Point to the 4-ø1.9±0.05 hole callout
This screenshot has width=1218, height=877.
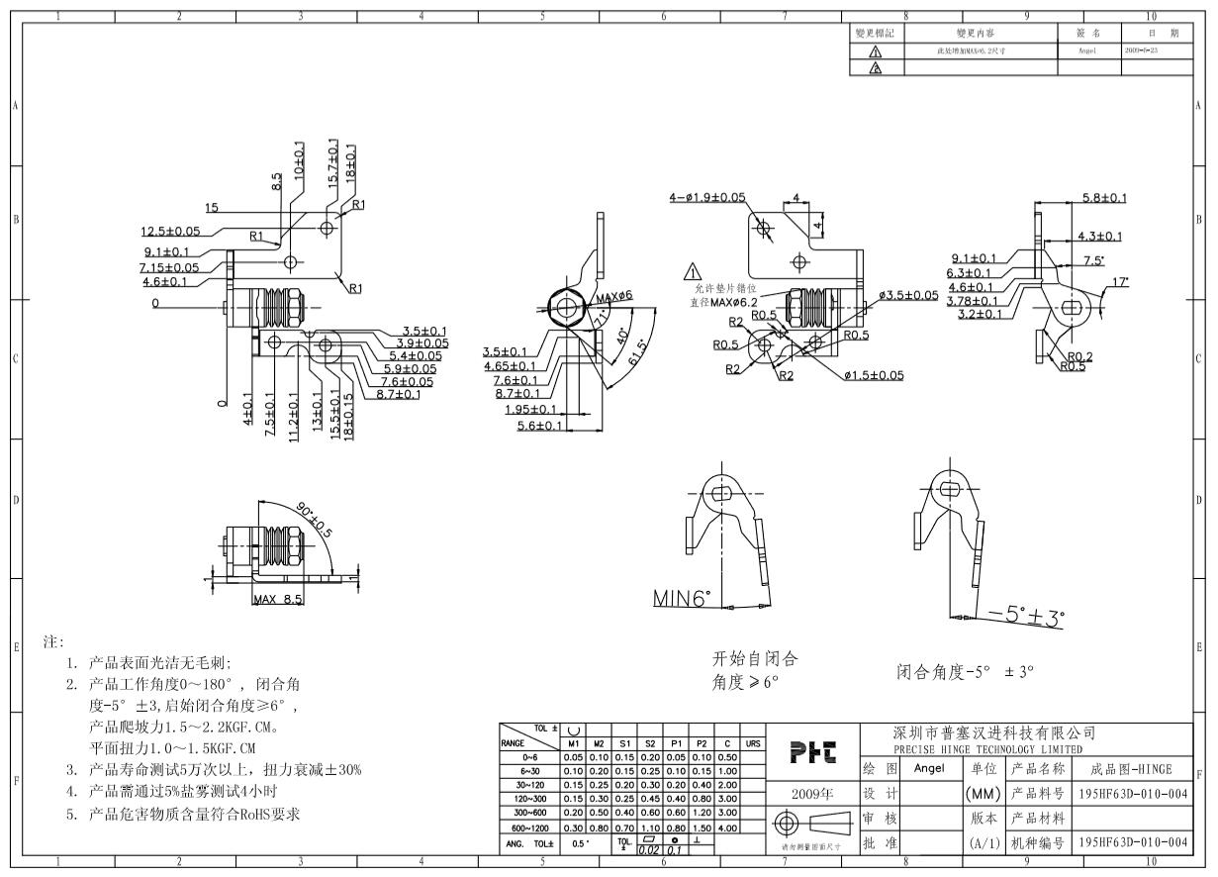tap(707, 197)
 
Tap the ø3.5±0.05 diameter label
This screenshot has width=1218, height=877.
tap(908, 295)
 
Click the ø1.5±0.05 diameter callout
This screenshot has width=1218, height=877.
tap(874, 375)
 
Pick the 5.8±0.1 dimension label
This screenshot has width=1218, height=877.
tap(1104, 197)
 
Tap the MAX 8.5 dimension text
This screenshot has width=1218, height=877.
tap(277, 600)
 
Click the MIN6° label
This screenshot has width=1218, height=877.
tap(682, 599)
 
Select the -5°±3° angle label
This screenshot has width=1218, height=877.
tap(1026, 616)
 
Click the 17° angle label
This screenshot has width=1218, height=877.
tap(1119, 282)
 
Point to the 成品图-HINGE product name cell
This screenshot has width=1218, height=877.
tap(1130, 769)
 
